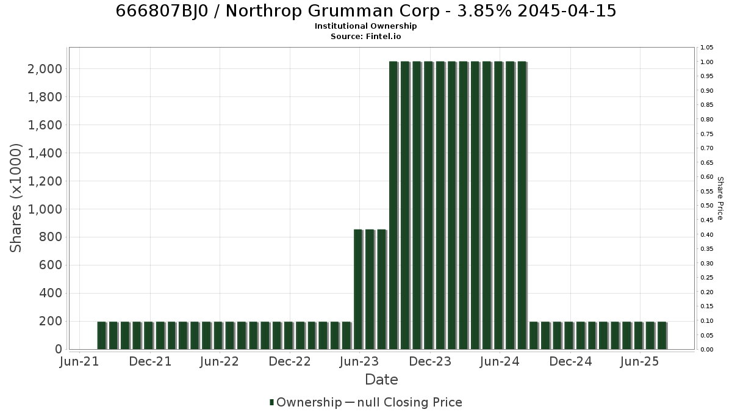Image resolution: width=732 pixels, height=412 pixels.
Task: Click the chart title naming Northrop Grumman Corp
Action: click(366, 11)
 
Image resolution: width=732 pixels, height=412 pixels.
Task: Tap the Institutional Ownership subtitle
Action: click(365, 26)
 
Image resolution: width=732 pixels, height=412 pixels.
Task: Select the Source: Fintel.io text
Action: click(365, 36)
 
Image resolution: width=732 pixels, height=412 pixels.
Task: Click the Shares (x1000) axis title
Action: click(15, 198)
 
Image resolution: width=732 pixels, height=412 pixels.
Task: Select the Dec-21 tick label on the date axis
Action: click(150, 361)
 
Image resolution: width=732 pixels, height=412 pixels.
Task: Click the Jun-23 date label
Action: click(359, 361)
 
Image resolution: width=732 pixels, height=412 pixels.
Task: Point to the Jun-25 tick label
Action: click(640, 361)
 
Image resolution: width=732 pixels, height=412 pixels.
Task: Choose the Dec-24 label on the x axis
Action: click(570, 361)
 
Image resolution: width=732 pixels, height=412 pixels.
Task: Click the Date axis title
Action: click(381, 380)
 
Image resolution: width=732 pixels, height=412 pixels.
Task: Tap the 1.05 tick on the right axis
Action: click(707, 48)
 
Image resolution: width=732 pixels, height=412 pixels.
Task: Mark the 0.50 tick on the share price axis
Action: click(707, 206)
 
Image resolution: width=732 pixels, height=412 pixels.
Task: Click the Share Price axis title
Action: click(720, 198)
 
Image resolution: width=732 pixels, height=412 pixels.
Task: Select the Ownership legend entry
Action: click(306, 402)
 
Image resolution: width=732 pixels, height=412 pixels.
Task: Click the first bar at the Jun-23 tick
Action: click(358, 289)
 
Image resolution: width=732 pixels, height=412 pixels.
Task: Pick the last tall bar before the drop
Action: click(522, 205)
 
